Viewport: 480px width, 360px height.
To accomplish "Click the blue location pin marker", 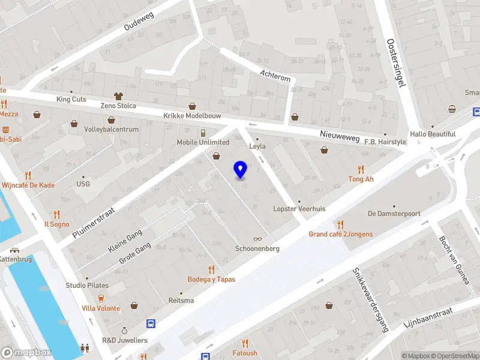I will (x=240, y=170).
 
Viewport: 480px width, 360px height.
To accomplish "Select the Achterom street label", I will (x=275, y=75).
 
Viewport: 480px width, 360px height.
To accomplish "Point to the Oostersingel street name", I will (x=397, y=63).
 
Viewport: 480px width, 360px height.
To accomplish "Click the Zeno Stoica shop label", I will (x=118, y=106).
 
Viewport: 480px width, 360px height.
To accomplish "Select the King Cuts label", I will (x=71, y=99).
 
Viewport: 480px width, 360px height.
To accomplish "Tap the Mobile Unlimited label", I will (x=203, y=142).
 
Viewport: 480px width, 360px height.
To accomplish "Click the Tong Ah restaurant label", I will (x=361, y=179).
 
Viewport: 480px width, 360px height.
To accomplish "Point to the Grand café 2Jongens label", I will (x=340, y=234).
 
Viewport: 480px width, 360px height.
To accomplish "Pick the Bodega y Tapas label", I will (x=211, y=279).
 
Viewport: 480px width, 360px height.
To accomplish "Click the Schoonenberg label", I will (x=257, y=248).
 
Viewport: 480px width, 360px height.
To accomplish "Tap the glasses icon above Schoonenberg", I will (x=257, y=239).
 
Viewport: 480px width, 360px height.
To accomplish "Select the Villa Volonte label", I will (x=101, y=308).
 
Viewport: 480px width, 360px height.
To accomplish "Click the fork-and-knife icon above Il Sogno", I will (x=56, y=214).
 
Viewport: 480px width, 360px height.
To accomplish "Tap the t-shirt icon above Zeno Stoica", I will (x=118, y=96).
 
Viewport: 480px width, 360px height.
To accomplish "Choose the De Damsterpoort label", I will (x=394, y=214).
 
